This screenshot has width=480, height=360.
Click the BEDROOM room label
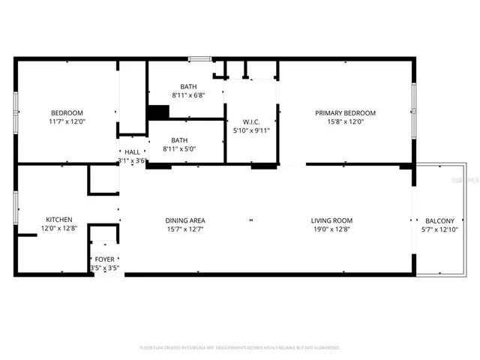pos(67,112)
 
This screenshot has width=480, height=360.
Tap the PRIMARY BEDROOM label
pos(345,112)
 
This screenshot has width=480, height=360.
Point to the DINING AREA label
pos(185,220)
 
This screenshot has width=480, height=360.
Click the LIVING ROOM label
pos(331,220)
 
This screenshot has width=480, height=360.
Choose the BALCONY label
pos(439,220)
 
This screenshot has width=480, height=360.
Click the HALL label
pos(132,151)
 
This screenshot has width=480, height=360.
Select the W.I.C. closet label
pos(251,121)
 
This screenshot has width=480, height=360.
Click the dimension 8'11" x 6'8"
pos(188,95)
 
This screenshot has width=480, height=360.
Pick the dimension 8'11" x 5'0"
pos(179,149)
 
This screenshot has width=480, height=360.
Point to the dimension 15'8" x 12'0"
pos(345,122)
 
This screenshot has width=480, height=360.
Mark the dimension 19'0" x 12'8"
pos(331,229)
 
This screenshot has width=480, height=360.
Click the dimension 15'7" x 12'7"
pos(185,229)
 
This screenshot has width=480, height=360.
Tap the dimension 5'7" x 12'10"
pos(439,229)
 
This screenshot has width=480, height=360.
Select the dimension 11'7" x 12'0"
pos(67,122)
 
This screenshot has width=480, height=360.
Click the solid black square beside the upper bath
pos(158,112)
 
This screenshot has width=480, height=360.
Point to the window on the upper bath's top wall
pos(199,58)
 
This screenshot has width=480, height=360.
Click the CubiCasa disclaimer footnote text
pos(240,348)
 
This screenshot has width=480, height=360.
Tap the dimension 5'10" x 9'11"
pos(251,130)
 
